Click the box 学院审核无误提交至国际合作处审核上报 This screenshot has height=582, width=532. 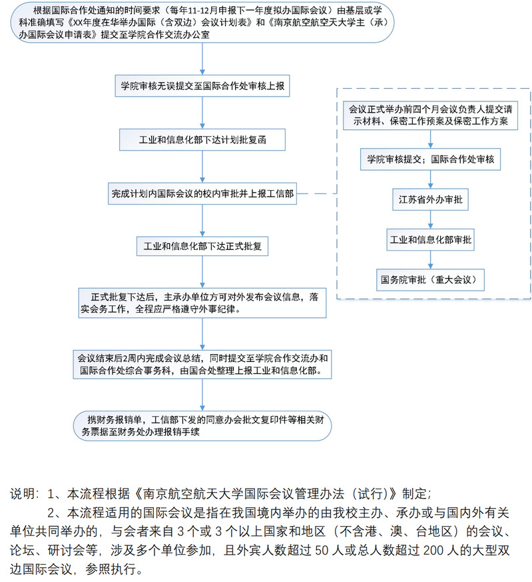pos(204,87)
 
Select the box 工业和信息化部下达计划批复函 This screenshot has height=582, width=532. pos(204,141)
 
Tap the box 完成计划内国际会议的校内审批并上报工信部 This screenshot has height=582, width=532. pos(203,194)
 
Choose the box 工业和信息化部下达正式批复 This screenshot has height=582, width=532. pos(203,246)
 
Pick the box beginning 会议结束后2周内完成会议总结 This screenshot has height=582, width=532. pos(204,365)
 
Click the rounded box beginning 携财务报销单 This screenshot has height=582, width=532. pos(204,425)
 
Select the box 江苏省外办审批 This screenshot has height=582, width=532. pos(430,199)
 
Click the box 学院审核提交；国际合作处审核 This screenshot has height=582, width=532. pos(430,160)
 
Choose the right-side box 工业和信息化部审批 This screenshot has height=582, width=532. pos(430,239)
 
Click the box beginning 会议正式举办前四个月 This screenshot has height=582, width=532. pos(430,115)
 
